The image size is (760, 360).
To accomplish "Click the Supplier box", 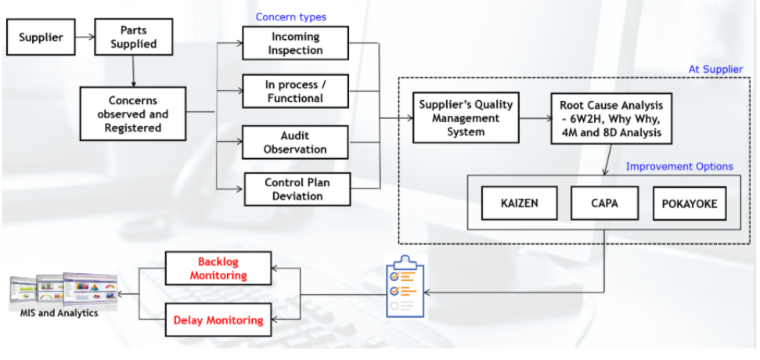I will (x=41, y=36).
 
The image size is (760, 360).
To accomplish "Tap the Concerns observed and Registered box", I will (x=133, y=113).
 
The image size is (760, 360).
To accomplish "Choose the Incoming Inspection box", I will (x=295, y=44).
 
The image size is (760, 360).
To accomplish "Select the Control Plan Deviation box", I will (x=297, y=189).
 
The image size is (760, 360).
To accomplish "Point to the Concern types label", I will (x=291, y=16).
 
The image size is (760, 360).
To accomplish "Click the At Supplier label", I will (x=715, y=69).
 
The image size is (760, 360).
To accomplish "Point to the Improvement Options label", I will (x=679, y=167).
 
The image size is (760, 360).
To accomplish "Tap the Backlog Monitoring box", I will (x=218, y=268).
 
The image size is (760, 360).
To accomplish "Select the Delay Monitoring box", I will (x=218, y=319).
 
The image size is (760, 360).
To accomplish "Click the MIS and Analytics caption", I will (x=59, y=314).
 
